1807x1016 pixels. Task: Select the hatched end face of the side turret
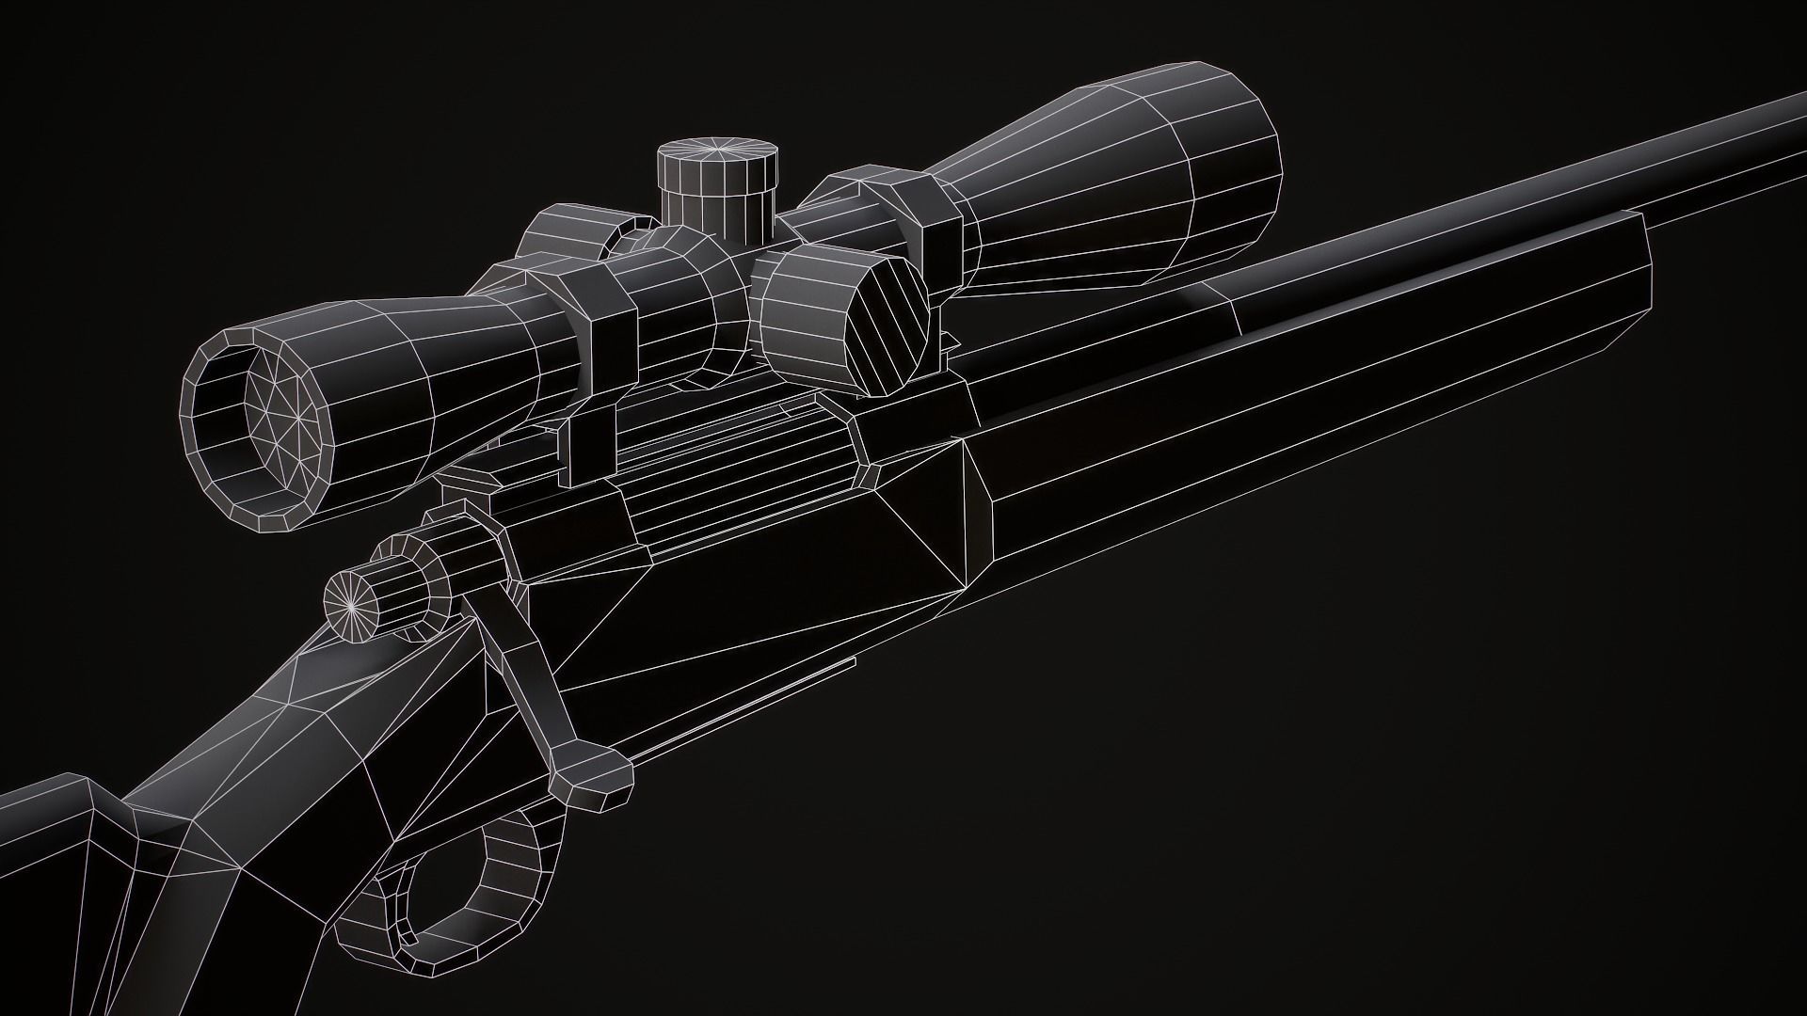pos(885,325)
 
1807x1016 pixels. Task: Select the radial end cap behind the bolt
pos(352,604)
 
